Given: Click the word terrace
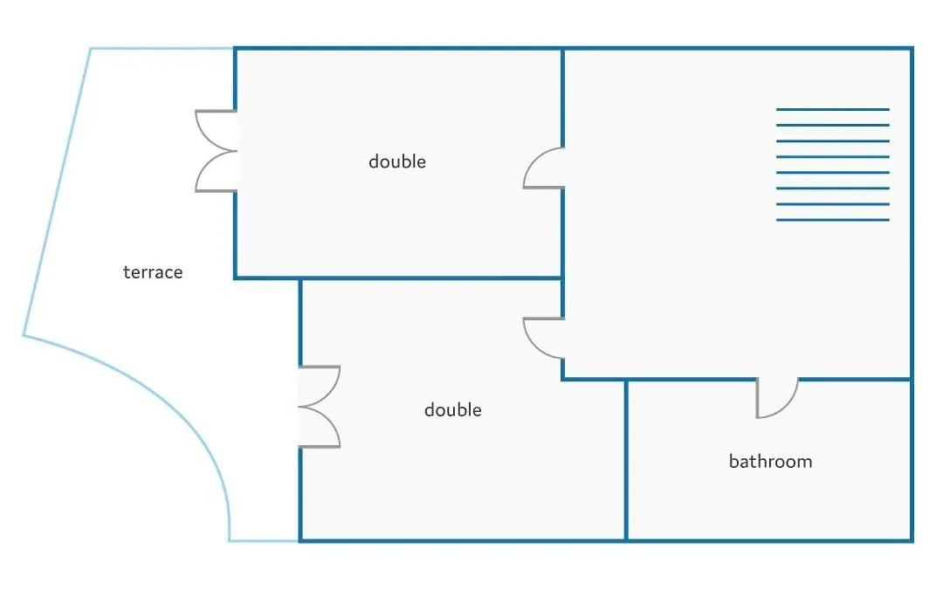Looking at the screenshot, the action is [153, 272].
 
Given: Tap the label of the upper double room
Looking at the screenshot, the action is [397, 161].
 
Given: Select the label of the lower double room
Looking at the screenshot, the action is [453, 410].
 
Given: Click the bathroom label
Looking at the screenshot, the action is [770, 461].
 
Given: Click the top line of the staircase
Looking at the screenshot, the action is [832, 109].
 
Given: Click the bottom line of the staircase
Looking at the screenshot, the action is [832, 220].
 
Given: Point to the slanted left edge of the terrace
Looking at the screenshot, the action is [57, 192].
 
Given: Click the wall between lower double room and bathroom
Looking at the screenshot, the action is [626, 460].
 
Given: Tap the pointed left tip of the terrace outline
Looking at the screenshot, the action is [24, 335].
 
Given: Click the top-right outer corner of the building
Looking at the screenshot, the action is [912, 48].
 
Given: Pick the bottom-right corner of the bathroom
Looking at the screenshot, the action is [912, 540].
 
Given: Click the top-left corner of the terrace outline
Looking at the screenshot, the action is [91, 49].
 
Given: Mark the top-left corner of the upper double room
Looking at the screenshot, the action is [235, 49].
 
